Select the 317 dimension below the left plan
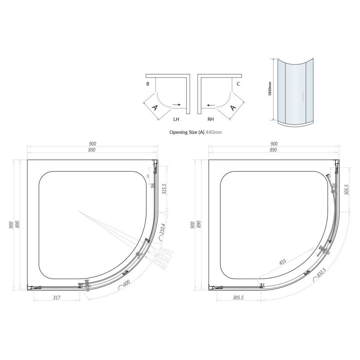click(x=56, y=297)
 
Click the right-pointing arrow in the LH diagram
click(x=176, y=105)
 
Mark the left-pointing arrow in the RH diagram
click(x=211, y=105)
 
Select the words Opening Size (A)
click(x=187, y=132)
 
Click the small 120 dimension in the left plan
click(x=148, y=176)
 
